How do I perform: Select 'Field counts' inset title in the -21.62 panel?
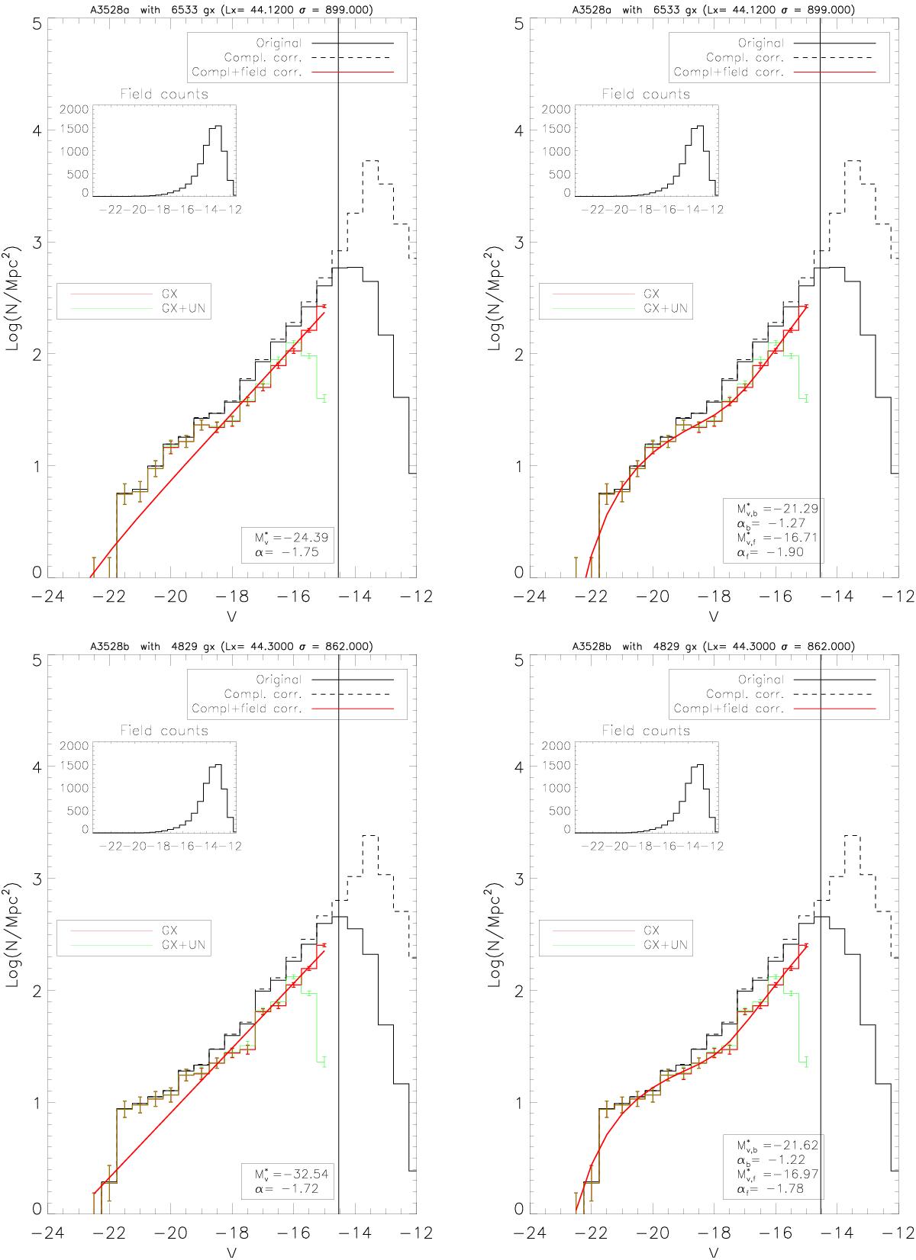point(646,731)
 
